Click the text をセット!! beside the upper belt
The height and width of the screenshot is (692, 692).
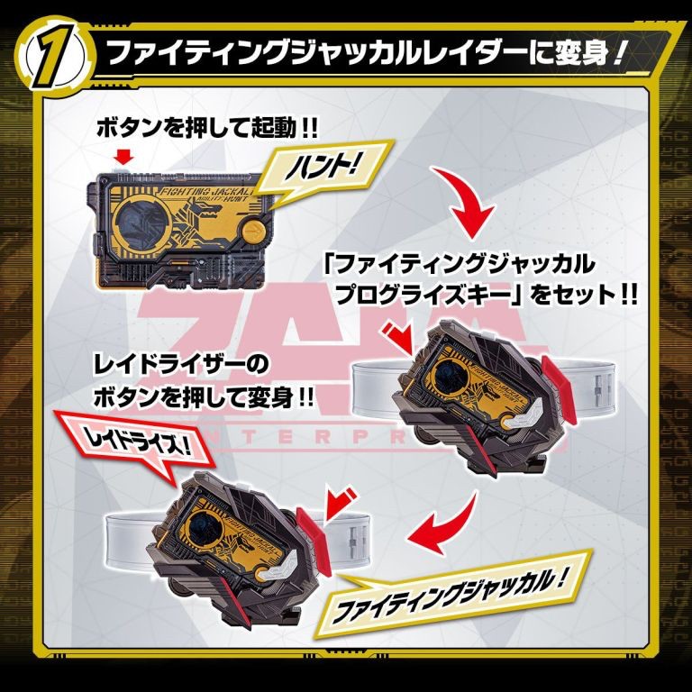pos(580,295)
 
